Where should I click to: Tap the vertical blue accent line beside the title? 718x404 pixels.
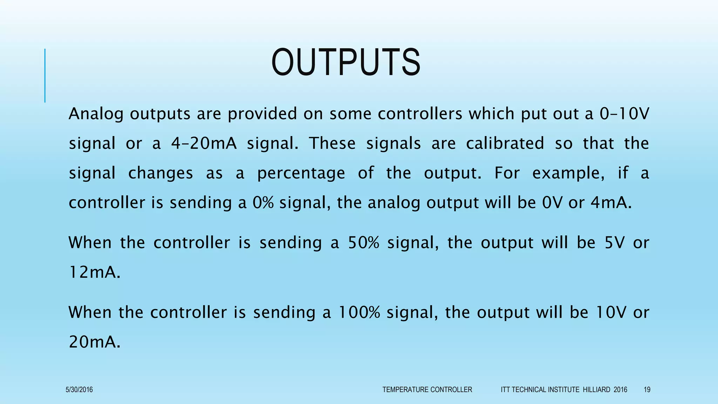[x=45, y=75]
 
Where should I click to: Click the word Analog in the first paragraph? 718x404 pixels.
[x=96, y=114]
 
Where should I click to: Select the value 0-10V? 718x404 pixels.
[x=624, y=114]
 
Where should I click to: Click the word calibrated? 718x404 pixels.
[x=505, y=143]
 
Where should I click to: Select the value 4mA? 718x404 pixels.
[x=611, y=203]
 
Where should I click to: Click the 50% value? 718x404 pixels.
[x=364, y=243]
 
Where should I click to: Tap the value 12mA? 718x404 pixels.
[x=94, y=272]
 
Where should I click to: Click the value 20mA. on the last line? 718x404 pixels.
[x=94, y=342]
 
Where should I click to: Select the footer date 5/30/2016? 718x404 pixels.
[x=79, y=390]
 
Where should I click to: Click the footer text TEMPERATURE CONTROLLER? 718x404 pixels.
[x=427, y=390]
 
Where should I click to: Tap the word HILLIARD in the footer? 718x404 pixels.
[x=596, y=390]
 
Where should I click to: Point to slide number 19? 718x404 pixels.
[x=647, y=390]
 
